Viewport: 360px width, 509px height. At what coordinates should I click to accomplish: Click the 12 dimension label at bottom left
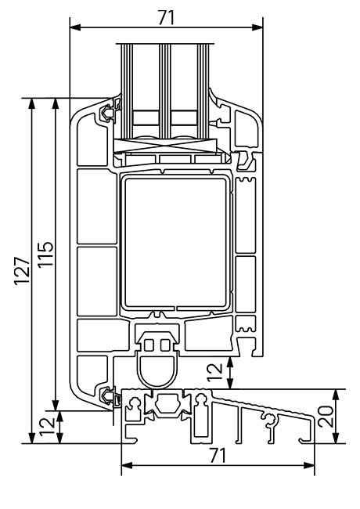[46, 427]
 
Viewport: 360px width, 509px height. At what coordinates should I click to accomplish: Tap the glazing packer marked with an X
[164, 145]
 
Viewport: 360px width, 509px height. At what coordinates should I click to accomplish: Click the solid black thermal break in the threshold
[165, 406]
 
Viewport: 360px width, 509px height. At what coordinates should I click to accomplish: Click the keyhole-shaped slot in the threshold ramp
[272, 423]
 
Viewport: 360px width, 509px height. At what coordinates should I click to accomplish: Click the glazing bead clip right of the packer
[245, 161]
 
